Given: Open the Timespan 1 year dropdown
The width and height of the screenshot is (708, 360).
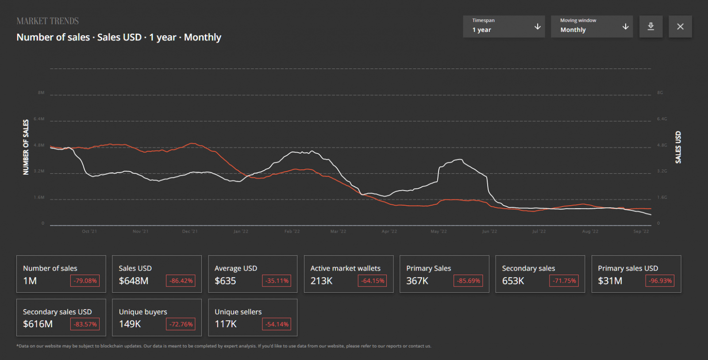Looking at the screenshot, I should pos(504,27).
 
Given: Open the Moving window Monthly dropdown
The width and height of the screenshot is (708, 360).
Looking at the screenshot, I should pos(592,27).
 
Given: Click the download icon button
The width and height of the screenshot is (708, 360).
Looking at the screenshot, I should pos(650,27).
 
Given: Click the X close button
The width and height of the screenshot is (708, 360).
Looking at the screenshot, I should pos(680,27).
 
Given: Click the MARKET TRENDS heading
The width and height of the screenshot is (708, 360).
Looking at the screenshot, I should pos(47,21).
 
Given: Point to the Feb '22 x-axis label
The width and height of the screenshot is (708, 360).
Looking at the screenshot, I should pos(292,231).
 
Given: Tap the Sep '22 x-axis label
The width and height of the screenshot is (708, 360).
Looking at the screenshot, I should pos(641,231).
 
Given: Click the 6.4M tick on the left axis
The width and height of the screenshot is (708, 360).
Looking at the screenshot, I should pos(39,119).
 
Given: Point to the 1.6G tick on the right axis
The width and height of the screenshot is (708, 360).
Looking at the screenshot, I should pos(662,197).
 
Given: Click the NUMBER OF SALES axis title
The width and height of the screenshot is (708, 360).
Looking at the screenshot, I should pos(26,147).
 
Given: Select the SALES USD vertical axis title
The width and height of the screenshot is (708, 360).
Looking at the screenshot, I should pos(678,147).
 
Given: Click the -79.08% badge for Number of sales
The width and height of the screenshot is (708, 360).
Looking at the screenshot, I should pos(85,281).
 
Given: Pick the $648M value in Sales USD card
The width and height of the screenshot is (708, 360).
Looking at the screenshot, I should pos(134,281).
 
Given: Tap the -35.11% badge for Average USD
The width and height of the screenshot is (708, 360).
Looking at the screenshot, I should pos(277,281).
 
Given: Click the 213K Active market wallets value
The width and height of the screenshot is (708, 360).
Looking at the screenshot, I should pos(321,281).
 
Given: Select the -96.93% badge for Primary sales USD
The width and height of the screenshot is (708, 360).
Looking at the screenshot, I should pos(660,281).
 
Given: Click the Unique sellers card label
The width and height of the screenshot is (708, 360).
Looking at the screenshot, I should pos(238,312).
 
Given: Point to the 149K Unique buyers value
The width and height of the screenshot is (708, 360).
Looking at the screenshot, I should pos(130,324).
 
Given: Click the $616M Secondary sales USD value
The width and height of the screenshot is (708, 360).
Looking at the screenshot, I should pos(38,324).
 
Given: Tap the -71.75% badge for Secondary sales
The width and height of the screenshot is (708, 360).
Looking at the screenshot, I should pos(564,281).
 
